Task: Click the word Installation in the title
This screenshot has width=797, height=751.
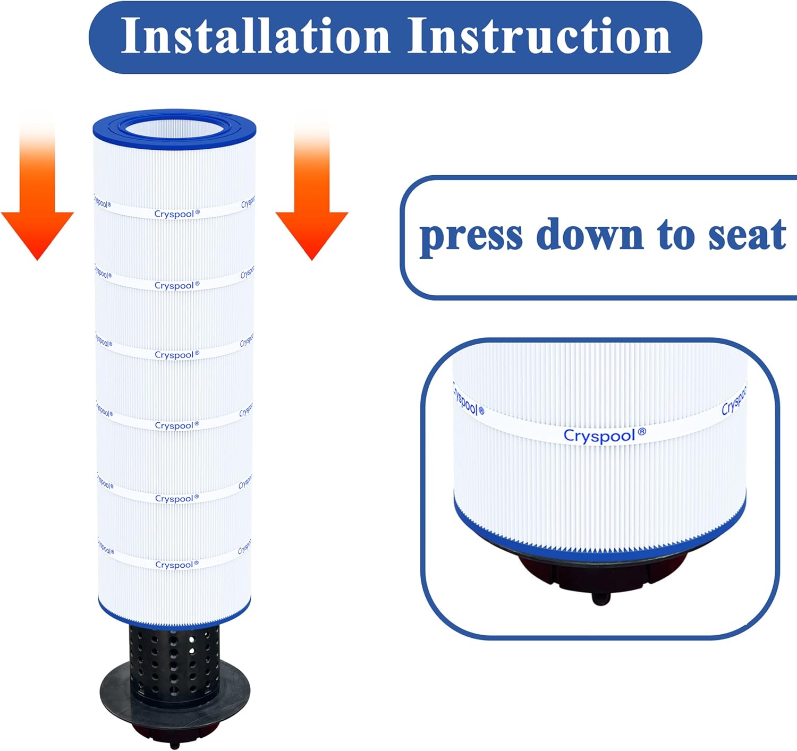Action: point(255,36)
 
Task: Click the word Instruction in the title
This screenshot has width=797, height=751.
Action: point(539,36)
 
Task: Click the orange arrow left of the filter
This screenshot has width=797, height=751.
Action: point(37,212)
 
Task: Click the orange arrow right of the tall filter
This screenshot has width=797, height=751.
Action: point(312,212)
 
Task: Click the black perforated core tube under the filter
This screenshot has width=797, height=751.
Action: point(174,659)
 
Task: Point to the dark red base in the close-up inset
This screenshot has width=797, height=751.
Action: point(537,568)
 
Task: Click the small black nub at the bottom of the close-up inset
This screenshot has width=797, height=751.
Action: point(601,599)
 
